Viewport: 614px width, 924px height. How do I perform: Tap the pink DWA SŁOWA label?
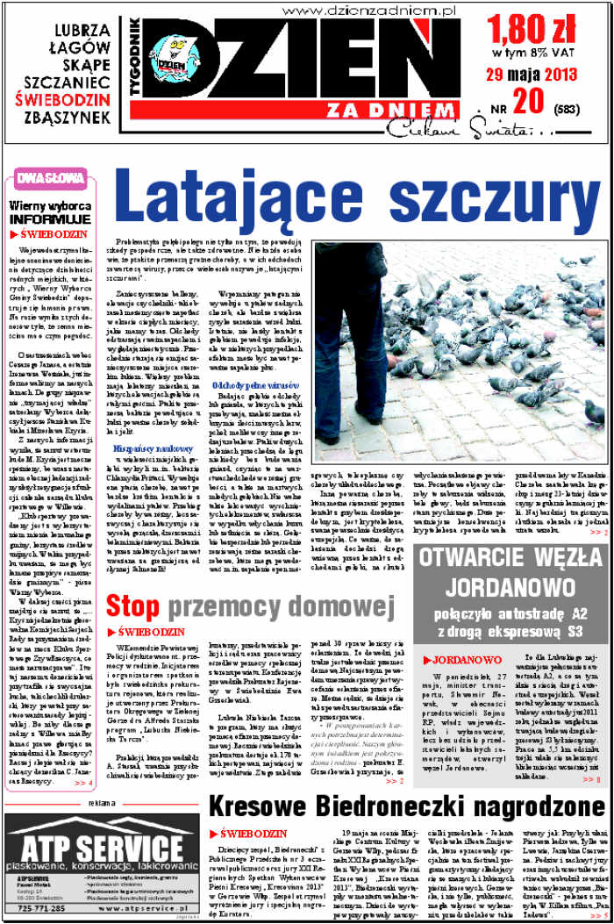(45, 179)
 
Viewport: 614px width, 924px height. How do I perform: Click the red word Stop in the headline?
(132, 605)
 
